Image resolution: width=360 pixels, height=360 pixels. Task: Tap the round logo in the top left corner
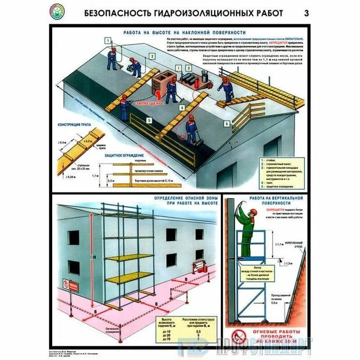pyautogui.click(x=56, y=10)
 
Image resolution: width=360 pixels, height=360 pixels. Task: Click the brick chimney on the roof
pyautogui.click(x=161, y=82)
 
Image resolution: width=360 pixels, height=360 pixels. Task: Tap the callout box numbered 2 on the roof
pyautogui.click(x=153, y=56)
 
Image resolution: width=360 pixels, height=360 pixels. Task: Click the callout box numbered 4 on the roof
pyautogui.click(x=182, y=108)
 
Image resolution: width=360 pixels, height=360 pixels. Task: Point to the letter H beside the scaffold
pyautogui.click(x=94, y=256)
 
